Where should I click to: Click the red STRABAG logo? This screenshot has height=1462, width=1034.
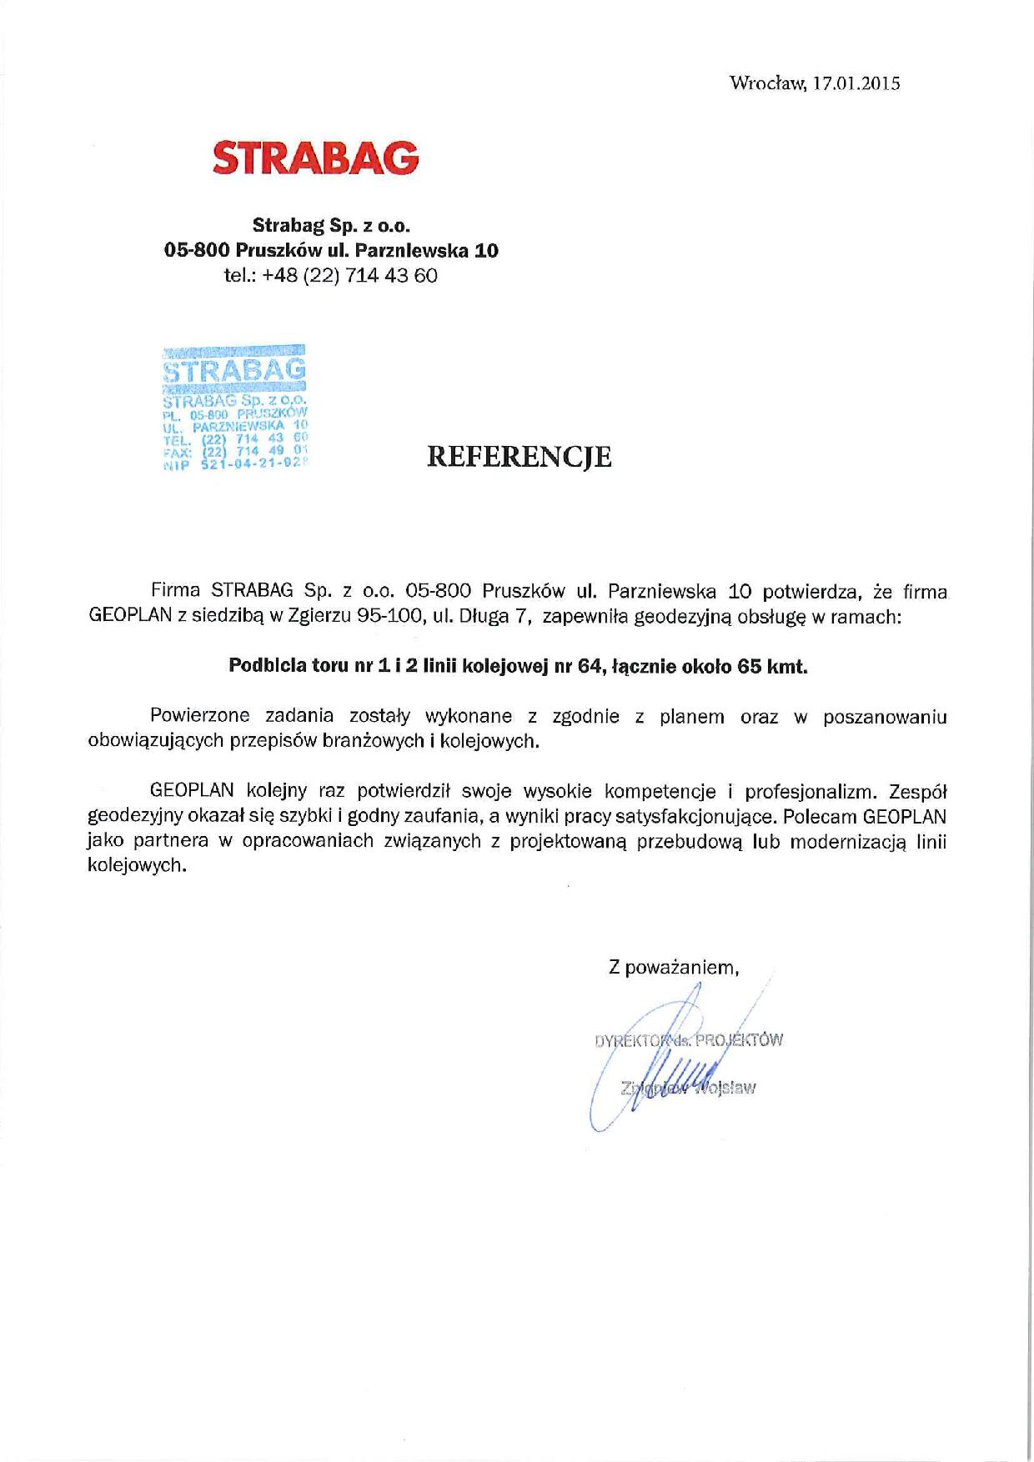click(x=315, y=158)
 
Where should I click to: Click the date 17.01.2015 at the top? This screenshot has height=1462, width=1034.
click(x=854, y=83)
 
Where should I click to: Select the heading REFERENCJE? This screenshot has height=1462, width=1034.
click(x=519, y=456)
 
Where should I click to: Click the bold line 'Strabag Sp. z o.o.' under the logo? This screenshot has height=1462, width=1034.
click(x=332, y=225)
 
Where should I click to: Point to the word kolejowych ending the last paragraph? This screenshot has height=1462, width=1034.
click(x=133, y=865)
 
